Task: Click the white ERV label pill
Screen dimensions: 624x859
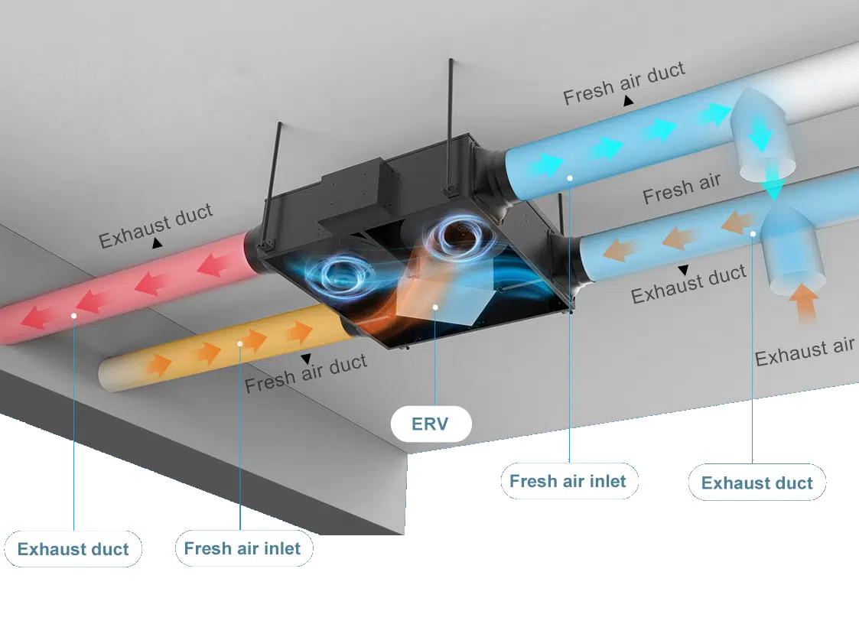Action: [431, 424]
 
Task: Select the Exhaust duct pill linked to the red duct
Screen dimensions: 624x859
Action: [73, 549]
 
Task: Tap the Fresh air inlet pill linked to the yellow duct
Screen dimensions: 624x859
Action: [243, 548]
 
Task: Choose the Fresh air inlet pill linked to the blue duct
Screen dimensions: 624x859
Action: [568, 481]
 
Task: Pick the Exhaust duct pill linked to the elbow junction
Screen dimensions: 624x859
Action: [757, 483]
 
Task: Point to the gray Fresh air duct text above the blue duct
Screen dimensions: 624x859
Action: [623, 83]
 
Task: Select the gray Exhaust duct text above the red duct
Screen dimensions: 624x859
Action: [155, 226]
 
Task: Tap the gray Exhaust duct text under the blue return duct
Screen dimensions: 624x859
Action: [688, 284]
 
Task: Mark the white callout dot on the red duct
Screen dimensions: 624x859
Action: [74, 314]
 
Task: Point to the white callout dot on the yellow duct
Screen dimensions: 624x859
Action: [240, 343]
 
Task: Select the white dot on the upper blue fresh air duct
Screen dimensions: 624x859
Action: [570, 177]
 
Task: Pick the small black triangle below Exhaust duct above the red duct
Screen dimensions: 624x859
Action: [157, 244]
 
